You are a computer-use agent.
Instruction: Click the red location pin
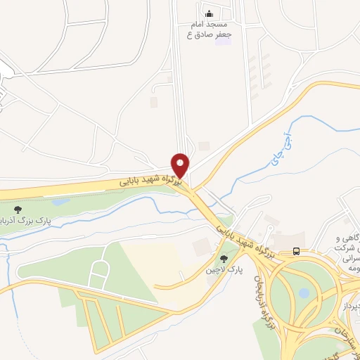pos(181,165)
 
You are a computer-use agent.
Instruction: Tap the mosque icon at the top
pos(208,13)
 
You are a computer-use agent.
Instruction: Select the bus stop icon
pos(296,251)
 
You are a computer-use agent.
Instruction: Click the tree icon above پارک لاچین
pos(224,258)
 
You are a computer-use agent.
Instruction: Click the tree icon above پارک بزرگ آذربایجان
pos(18,209)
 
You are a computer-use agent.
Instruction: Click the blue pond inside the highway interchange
pos(304,292)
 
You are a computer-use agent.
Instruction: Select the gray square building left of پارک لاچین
pos(201,247)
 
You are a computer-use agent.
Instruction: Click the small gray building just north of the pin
pos(204,146)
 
